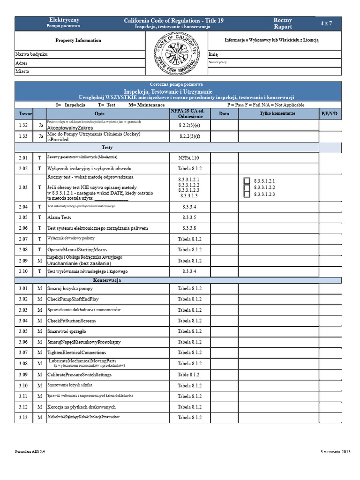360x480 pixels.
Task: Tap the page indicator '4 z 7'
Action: tap(326, 23)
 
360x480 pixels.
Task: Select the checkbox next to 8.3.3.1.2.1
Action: tap(247, 181)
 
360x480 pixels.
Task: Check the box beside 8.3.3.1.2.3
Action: tap(247, 194)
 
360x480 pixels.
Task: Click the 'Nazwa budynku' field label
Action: tap(31, 54)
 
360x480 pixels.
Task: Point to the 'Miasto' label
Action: tap(22, 71)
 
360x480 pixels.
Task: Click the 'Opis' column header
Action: tap(99, 114)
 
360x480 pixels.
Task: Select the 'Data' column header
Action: tap(224, 114)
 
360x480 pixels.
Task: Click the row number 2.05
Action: tap(23, 217)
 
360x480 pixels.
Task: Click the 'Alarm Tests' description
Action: tap(60, 217)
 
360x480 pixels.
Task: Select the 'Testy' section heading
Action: tap(107, 147)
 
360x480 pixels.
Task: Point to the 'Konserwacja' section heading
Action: tap(107, 280)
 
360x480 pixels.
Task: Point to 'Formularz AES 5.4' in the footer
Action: tap(30, 451)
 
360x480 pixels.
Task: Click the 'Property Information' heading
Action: tap(78, 41)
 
